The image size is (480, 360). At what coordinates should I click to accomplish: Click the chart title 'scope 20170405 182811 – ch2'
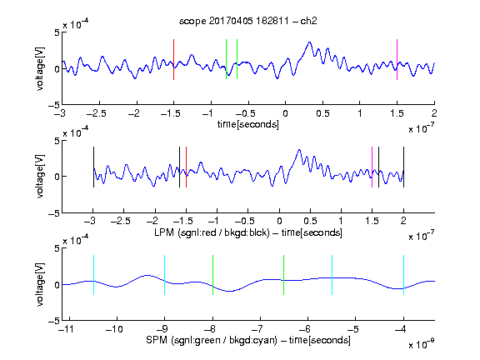point(248,21)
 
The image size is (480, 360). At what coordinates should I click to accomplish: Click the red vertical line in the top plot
point(173,59)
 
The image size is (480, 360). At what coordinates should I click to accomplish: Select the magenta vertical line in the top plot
point(397,59)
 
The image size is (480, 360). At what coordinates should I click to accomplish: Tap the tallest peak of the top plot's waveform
point(309,42)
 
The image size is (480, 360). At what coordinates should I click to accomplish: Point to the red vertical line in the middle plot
point(186,167)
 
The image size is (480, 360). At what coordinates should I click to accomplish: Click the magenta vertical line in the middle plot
point(372,167)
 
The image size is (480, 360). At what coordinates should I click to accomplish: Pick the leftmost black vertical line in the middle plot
point(93,167)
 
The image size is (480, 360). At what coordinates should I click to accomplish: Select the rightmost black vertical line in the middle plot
point(403,167)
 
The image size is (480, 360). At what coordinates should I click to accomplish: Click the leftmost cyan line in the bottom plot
point(93,275)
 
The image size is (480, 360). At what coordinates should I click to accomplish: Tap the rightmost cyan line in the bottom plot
point(403,275)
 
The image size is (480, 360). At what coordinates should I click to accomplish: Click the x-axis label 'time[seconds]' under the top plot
point(248,124)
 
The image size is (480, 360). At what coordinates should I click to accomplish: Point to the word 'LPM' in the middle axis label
point(164,232)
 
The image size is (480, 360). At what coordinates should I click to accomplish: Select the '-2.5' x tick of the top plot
point(97,113)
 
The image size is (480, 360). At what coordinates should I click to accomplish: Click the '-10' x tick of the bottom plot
point(114,329)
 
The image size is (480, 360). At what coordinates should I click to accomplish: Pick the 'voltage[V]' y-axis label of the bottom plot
point(40,284)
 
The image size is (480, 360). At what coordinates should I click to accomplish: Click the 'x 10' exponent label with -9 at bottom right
point(421,344)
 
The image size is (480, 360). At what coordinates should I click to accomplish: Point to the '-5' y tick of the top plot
point(54,105)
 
